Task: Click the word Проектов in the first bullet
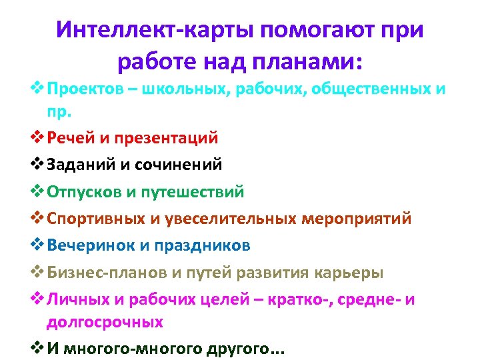(87, 90)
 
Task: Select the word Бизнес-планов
(107, 273)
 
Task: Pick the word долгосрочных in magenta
(104, 322)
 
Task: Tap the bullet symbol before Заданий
(37, 165)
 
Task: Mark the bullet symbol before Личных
(37, 300)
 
